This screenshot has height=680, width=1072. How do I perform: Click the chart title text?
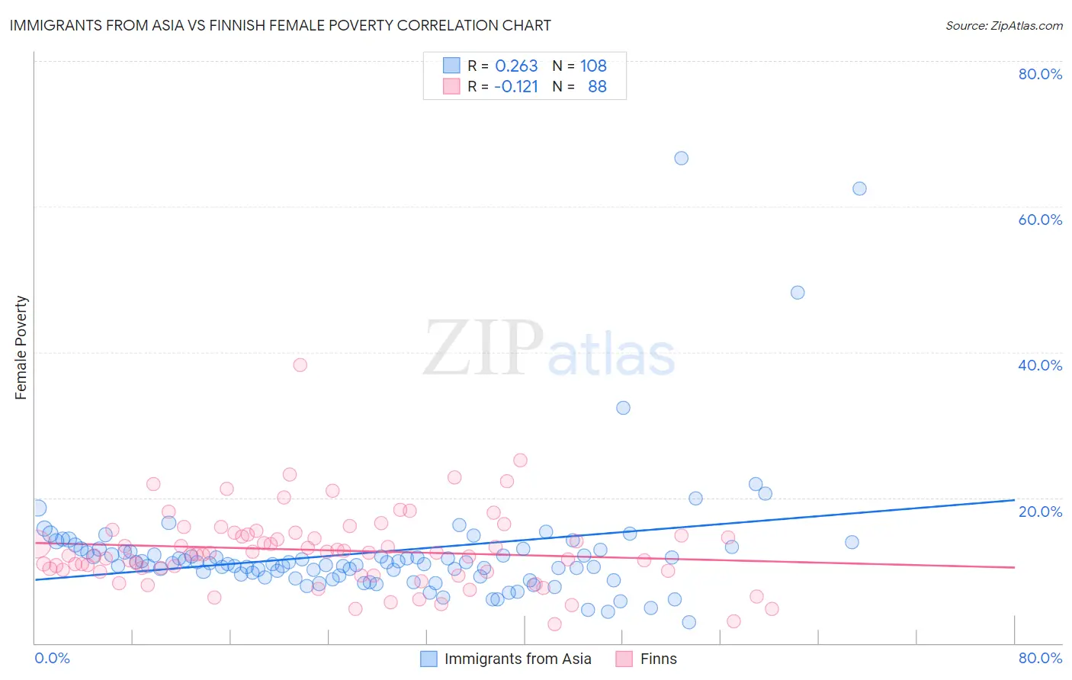click(279, 25)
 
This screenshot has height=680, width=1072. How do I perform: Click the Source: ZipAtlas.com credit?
click(1003, 25)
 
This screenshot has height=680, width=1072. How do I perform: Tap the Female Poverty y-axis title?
click(21, 348)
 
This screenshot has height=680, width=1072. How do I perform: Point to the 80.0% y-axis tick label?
click(1040, 74)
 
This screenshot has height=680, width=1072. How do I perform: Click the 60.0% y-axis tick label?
click(1040, 220)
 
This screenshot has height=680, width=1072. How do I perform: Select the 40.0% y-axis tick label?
click(1040, 365)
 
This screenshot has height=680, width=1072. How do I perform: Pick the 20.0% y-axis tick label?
click(1040, 511)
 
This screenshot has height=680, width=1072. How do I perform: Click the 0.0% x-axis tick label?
click(52, 658)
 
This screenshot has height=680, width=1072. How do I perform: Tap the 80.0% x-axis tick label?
click(1040, 658)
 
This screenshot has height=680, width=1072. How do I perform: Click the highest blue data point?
click(681, 158)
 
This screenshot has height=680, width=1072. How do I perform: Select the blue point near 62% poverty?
click(859, 188)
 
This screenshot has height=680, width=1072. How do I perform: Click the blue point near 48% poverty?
click(798, 292)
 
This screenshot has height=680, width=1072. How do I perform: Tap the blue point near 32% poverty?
click(623, 408)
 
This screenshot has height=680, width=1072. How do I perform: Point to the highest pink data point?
click(300, 364)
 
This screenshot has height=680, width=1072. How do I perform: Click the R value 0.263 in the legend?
click(516, 66)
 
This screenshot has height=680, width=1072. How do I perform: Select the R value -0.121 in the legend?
click(516, 86)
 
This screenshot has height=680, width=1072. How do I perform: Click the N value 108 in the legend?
click(593, 66)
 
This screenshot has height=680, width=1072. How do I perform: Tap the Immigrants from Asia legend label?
click(518, 659)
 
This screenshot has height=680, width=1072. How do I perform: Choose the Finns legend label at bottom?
click(658, 659)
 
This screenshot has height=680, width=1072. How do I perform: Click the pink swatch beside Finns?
click(624, 659)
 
